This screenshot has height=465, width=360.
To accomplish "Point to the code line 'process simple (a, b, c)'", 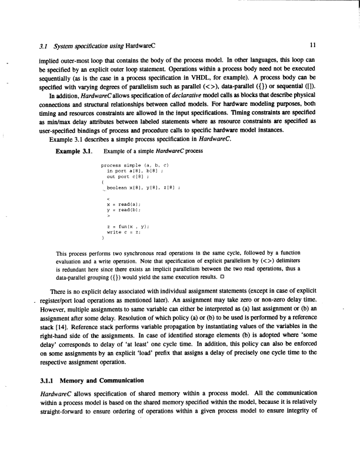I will coord(135,166).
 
